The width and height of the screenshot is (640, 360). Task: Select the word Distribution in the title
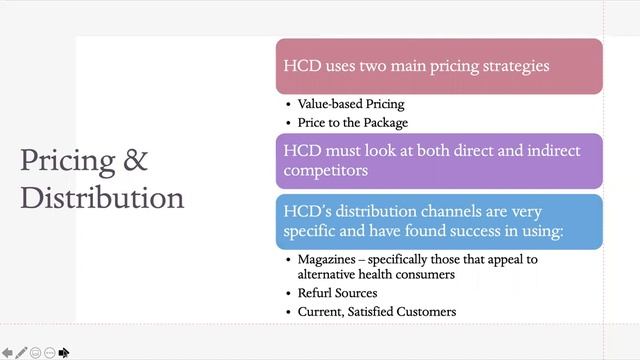coord(102,196)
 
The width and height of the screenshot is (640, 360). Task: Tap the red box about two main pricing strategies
coord(439,66)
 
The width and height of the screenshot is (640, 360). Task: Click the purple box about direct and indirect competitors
coord(439,161)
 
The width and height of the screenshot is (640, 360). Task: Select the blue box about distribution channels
coord(439,221)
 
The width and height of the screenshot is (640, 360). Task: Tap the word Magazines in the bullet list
coord(329,259)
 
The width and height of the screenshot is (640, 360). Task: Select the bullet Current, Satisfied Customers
coord(377,312)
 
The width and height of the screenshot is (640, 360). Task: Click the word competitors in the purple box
coord(326,171)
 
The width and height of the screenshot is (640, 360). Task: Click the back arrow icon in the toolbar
coord(7,352)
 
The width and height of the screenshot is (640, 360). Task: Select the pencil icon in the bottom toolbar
coord(21,352)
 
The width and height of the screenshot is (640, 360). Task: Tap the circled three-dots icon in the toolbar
coord(49,352)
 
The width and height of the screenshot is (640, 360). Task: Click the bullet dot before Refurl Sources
coord(288,294)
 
